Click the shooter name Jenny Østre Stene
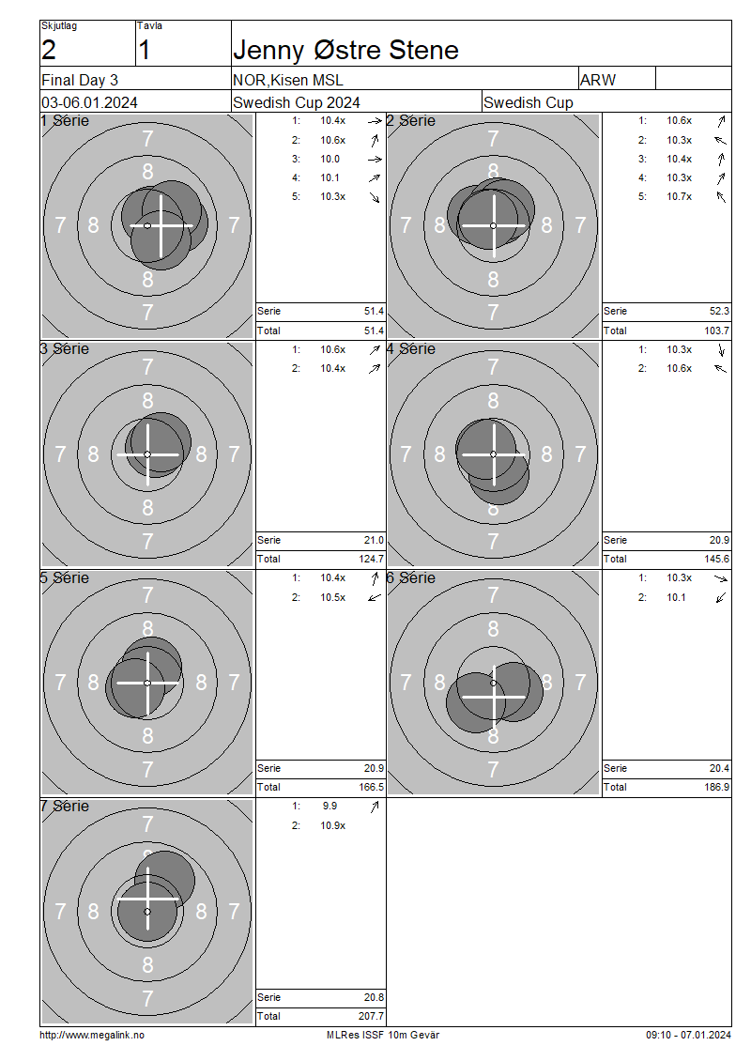(345, 50)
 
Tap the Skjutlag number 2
(49, 50)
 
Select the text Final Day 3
(80, 80)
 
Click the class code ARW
(598, 80)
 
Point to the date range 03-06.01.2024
(89, 103)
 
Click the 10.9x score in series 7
(333, 825)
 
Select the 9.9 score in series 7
(330, 806)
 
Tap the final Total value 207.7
(372, 1016)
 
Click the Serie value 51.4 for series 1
(375, 312)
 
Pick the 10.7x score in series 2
(680, 197)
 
